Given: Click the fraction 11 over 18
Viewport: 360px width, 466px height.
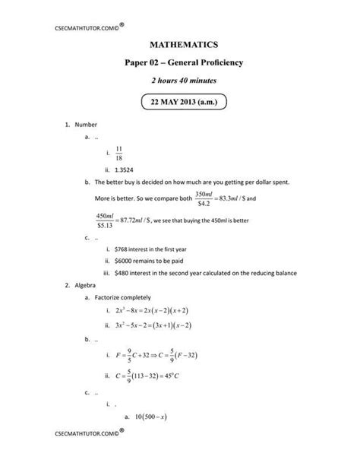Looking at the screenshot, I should coord(118,152).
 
